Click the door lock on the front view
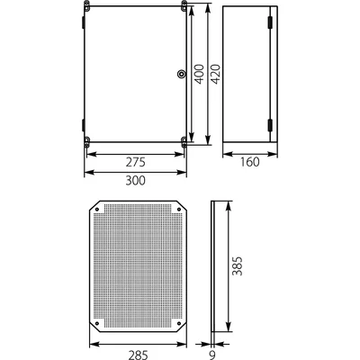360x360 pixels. point(180,74)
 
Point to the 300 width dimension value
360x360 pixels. point(135,180)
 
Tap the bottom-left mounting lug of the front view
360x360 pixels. point(87,140)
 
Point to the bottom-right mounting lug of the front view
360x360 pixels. point(184,140)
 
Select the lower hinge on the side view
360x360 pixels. point(269,126)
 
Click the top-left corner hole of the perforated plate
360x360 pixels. point(98,211)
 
